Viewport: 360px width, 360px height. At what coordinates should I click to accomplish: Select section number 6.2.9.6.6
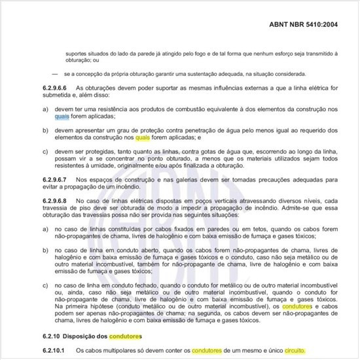pyautogui.click(x=57, y=88)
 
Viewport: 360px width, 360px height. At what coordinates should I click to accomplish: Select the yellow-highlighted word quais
pyautogui.click(x=143, y=138)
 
